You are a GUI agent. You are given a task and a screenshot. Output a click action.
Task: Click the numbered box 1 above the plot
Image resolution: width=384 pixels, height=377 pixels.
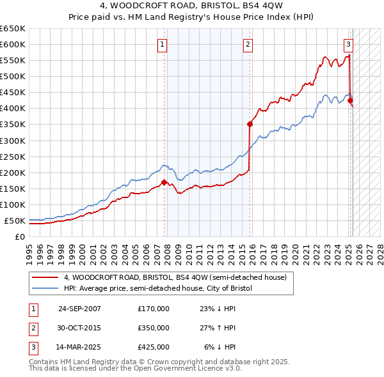pos(163,45)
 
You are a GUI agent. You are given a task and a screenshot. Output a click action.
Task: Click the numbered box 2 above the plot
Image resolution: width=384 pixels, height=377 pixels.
pos(248,45)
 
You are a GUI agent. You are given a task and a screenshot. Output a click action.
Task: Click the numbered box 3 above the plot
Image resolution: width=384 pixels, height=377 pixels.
pos(348,45)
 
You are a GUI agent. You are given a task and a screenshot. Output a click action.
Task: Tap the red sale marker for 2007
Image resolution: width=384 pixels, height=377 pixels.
pos(164,182)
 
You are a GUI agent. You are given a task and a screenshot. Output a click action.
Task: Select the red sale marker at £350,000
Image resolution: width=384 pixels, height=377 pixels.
pos(250,124)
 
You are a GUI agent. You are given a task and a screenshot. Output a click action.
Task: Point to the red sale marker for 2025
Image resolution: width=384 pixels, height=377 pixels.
pos(350,100)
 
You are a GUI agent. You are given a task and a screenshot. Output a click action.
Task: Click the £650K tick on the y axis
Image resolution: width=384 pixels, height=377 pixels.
pos(13,29)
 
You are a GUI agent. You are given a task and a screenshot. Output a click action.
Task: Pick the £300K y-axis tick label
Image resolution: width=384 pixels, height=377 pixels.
pos(13,141)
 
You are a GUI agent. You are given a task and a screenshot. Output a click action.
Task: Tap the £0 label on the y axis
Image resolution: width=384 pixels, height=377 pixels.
pos(19,236)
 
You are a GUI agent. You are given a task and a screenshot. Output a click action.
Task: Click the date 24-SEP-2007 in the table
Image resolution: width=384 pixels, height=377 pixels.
pos(79,309)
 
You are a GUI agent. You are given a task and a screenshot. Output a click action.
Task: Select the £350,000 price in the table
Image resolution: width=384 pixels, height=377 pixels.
pos(154,328)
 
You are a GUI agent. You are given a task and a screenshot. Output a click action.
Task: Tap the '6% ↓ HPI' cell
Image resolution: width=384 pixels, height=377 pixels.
pos(220,347)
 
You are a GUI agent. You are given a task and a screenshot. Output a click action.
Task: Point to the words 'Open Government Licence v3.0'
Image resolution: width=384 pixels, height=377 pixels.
pos(186,369)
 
